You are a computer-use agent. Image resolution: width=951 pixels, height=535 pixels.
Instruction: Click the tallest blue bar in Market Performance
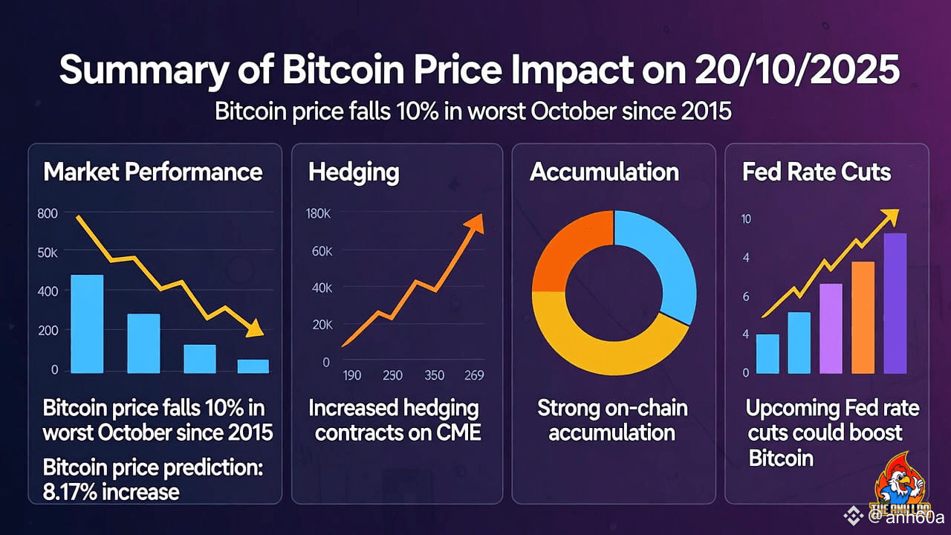pos(87,323)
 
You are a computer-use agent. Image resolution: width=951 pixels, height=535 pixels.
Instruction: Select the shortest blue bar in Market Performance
pos(253,366)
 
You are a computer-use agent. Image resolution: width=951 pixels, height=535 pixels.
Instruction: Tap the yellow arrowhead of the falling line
pos(255,328)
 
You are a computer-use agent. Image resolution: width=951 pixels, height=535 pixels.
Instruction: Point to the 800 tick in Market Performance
pos(47,214)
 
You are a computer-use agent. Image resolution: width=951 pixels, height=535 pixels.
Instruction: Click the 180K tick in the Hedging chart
pos(318,214)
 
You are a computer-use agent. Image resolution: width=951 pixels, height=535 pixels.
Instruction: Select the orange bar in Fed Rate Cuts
pos(863,317)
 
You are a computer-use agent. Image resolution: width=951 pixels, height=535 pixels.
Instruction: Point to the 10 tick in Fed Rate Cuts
pos(746,219)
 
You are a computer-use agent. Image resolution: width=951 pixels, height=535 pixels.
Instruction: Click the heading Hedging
pos(354,172)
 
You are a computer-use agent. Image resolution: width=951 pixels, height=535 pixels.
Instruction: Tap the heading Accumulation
pos(604,172)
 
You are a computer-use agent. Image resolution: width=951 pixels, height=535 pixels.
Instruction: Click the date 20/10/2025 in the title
pos(796,71)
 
